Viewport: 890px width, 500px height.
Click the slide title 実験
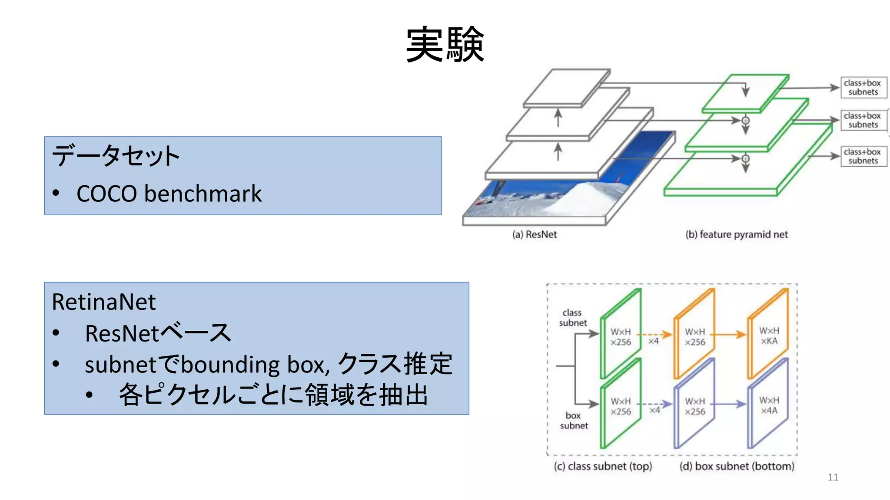[445, 45]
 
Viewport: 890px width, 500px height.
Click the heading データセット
[116, 156]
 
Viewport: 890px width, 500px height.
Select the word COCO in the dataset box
[107, 194]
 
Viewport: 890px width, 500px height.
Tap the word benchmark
[203, 194]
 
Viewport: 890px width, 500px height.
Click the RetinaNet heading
[103, 302]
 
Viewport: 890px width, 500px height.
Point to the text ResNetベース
[158, 333]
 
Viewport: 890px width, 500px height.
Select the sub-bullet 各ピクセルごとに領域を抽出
[273, 395]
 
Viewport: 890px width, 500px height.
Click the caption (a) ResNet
[534, 235]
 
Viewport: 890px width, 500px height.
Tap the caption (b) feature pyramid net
[736, 235]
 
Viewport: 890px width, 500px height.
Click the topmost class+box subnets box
[863, 88]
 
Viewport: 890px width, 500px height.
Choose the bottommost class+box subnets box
[863, 157]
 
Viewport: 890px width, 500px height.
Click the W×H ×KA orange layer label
[769, 336]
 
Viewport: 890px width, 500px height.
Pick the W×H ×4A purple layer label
[769, 405]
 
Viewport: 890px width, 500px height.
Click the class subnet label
[572, 318]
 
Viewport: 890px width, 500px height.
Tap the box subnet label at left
[574, 421]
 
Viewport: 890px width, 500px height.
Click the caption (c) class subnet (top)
[603, 467]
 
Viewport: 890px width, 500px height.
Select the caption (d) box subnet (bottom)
[737, 467]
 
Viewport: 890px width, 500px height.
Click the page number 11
[833, 477]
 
